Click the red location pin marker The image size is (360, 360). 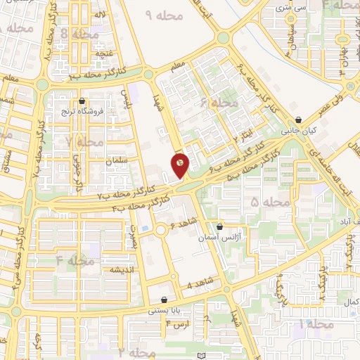(180, 164)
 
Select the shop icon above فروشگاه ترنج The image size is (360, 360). (83, 101)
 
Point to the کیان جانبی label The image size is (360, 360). (300, 131)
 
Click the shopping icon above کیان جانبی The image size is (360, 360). (300, 120)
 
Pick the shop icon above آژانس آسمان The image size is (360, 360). (220, 228)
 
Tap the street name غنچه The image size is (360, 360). (84, 53)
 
